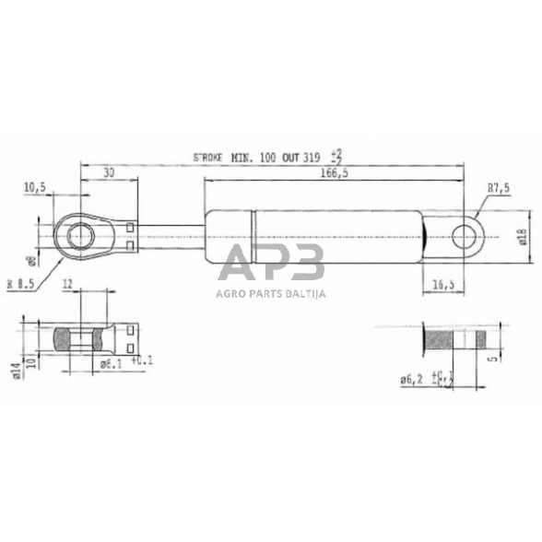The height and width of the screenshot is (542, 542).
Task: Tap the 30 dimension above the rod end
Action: click(110, 172)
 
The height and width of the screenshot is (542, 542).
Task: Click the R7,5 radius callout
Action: click(499, 189)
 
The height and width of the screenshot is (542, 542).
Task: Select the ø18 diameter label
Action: click(521, 239)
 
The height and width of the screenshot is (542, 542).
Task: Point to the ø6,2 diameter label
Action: click(414, 379)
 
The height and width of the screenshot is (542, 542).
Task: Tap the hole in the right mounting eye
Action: click(464, 238)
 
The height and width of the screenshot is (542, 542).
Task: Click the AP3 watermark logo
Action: click(271, 265)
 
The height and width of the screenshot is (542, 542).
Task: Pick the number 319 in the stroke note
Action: click(315, 159)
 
